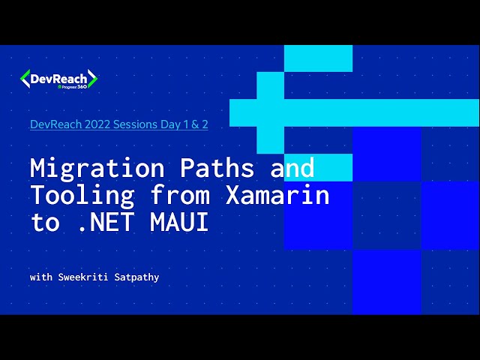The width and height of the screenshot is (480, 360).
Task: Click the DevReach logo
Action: point(58,79)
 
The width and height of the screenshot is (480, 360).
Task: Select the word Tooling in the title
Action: point(82,196)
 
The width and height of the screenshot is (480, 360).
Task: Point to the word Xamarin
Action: point(277,196)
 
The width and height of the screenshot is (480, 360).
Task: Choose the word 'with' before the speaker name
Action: point(40,277)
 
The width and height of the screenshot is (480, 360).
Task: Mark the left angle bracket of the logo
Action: point(25,79)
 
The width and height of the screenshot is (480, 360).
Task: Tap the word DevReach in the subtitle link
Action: point(53,124)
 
